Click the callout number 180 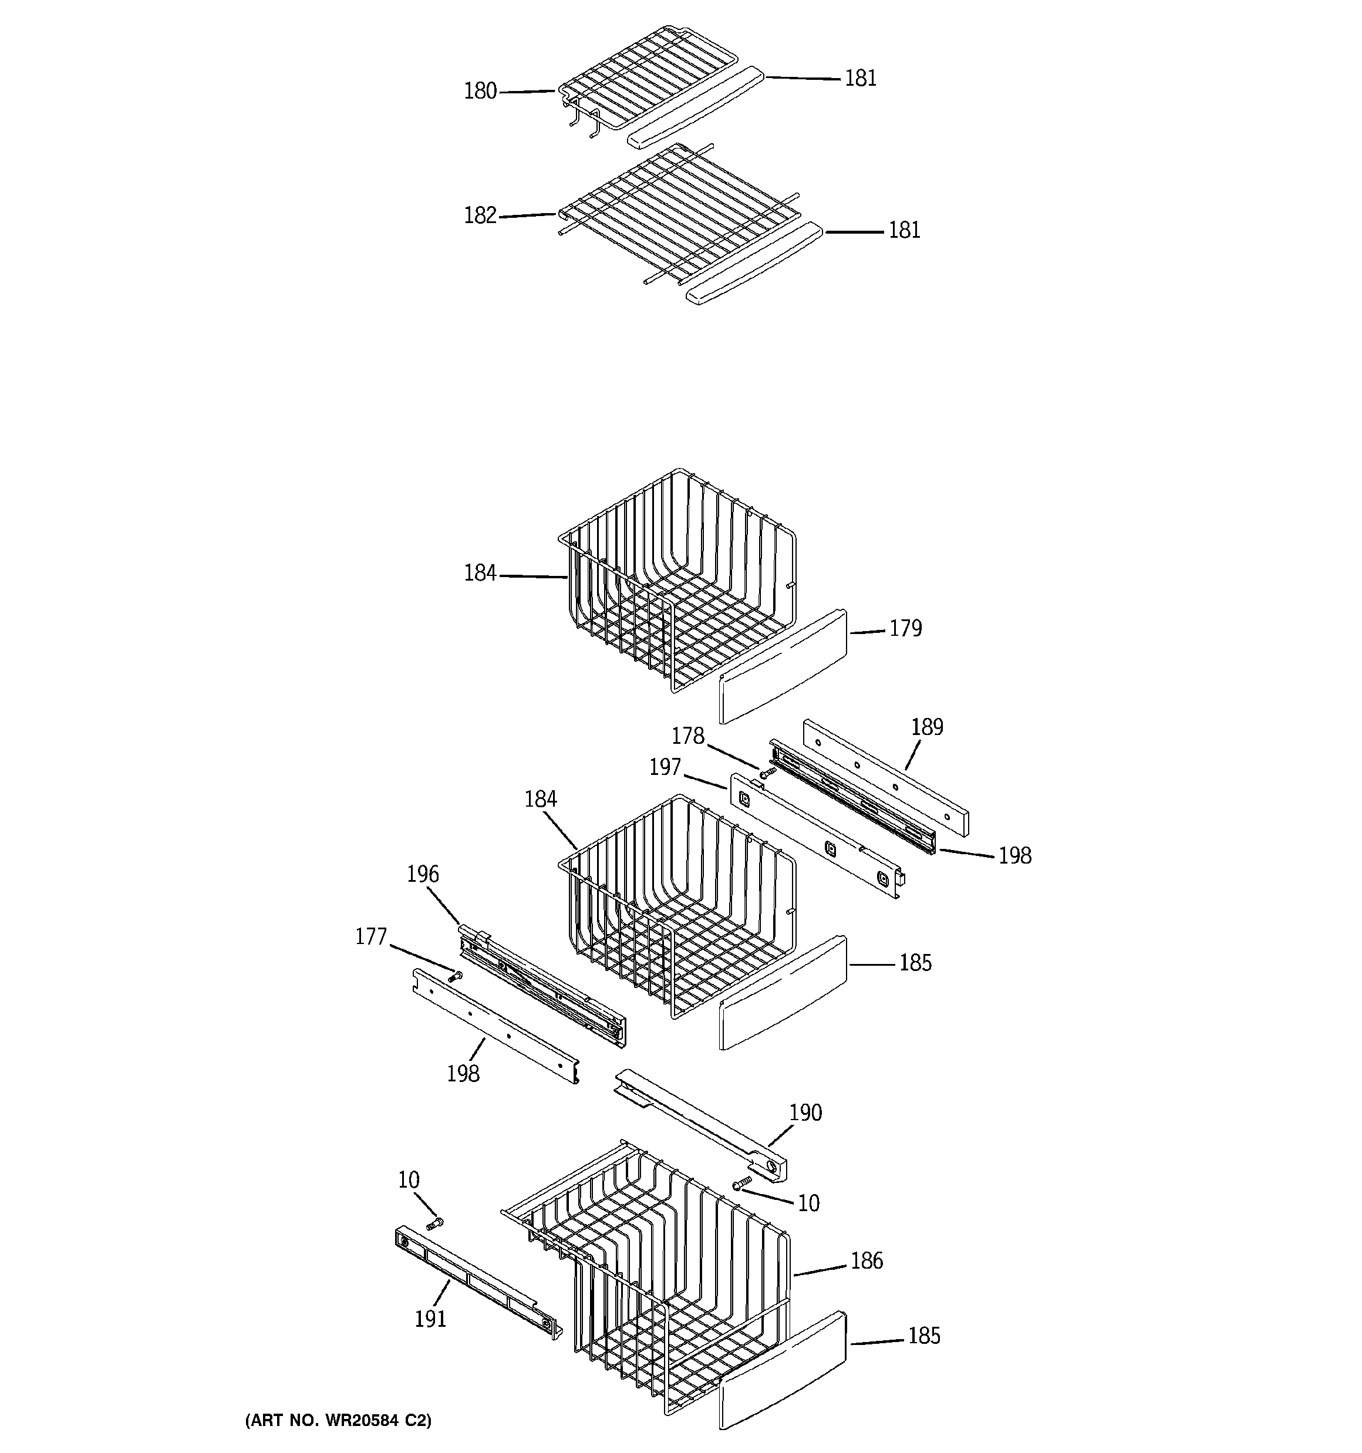click(x=480, y=92)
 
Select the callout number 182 click(x=480, y=215)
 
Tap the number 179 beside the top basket click(x=905, y=629)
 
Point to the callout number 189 click(x=927, y=727)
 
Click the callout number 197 click(x=665, y=767)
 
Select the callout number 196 click(x=423, y=874)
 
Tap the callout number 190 click(x=805, y=1112)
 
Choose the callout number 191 click(x=430, y=1319)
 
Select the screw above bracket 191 click(x=435, y=1223)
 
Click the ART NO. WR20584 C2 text click(x=338, y=1420)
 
